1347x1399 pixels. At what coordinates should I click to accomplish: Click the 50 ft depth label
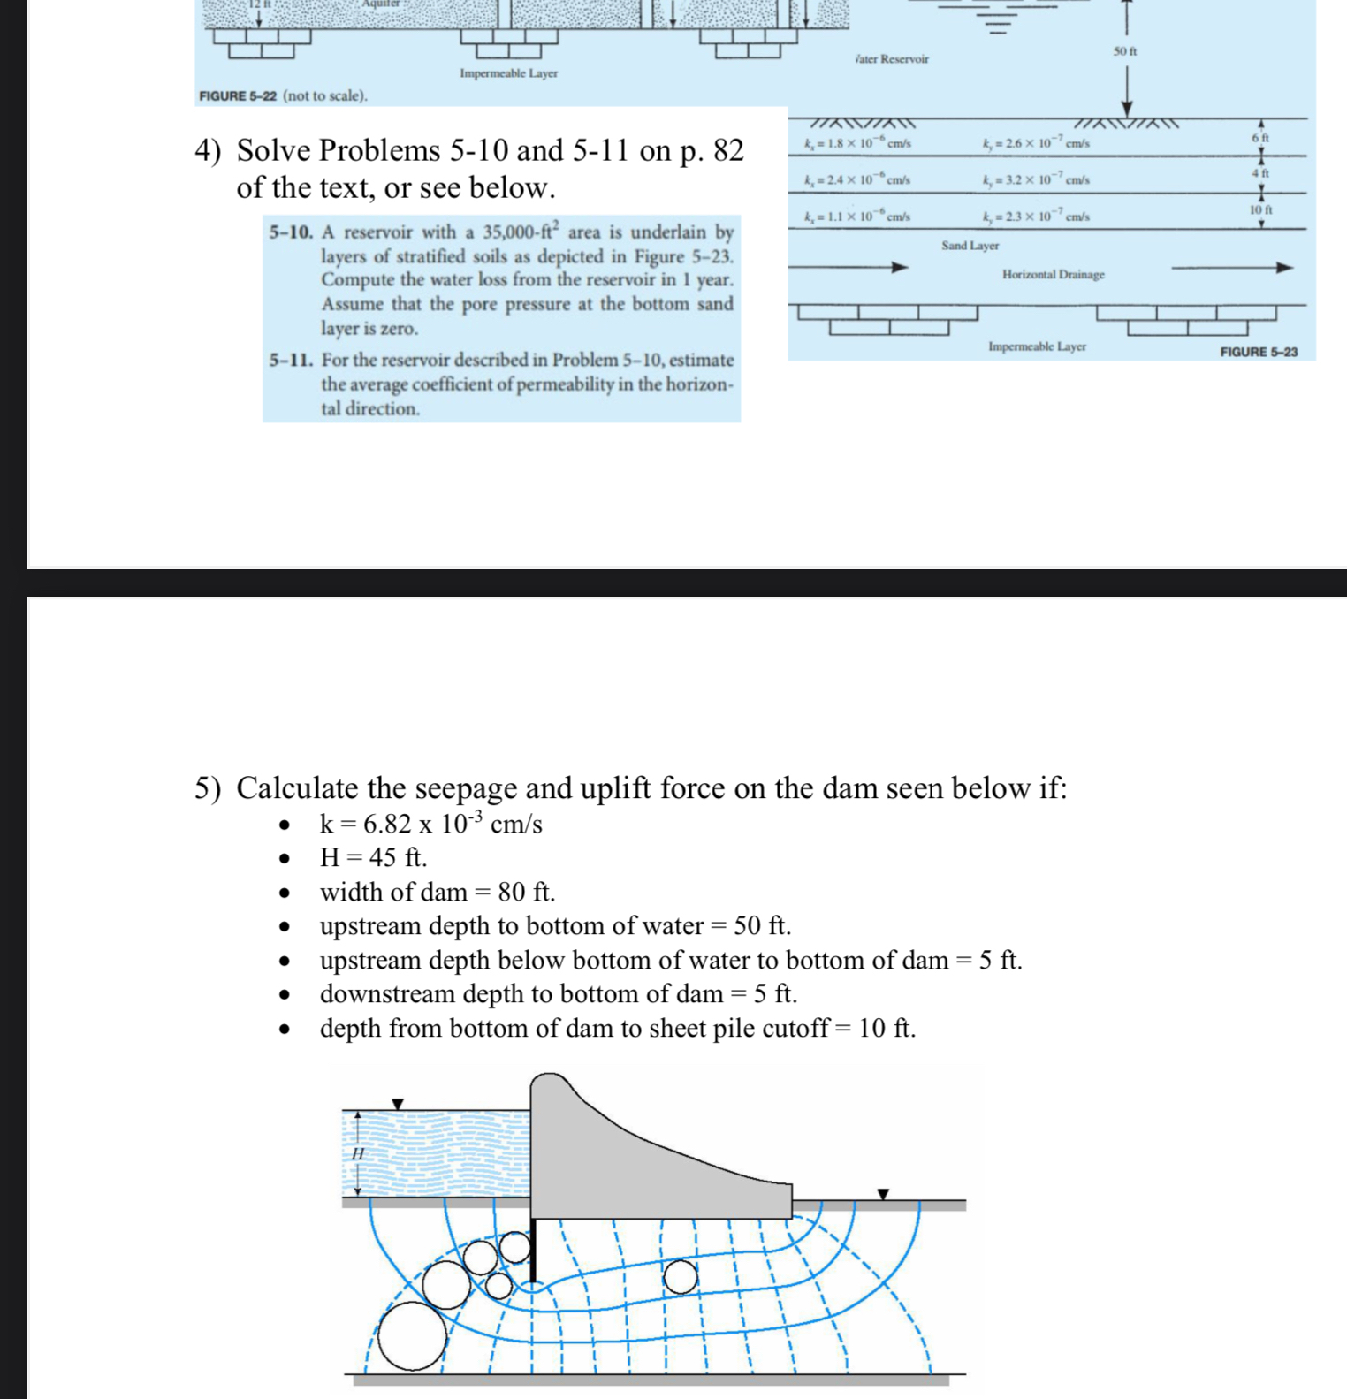click(1124, 51)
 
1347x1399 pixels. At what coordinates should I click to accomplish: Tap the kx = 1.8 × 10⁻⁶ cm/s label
click(857, 143)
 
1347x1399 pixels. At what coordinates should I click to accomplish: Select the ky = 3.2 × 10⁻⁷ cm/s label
click(1036, 180)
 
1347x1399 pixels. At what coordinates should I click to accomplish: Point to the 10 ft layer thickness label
click(1260, 210)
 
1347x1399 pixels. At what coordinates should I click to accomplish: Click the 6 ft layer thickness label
click(1260, 138)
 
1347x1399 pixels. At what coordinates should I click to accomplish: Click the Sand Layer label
click(970, 246)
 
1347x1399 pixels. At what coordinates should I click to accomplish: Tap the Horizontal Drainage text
click(1053, 275)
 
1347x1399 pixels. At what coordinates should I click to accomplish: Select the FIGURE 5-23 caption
click(1258, 352)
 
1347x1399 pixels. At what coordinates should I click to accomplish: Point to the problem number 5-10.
click(291, 233)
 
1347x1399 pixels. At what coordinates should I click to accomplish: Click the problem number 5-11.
click(291, 361)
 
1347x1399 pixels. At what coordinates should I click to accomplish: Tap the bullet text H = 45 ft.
click(373, 857)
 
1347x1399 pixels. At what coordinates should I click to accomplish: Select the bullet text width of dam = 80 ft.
click(438, 892)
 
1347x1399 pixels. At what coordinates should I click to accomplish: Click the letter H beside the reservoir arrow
click(358, 1154)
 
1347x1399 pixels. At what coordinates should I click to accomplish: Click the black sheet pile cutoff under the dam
click(533, 1251)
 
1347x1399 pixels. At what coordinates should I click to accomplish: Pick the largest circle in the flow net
click(413, 1335)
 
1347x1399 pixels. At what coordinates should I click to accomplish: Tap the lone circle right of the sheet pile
click(680, 1276)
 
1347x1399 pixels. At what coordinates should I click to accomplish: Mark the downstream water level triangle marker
click(882, 1194)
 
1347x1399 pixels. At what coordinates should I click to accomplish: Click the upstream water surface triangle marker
click(398, 1104)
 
